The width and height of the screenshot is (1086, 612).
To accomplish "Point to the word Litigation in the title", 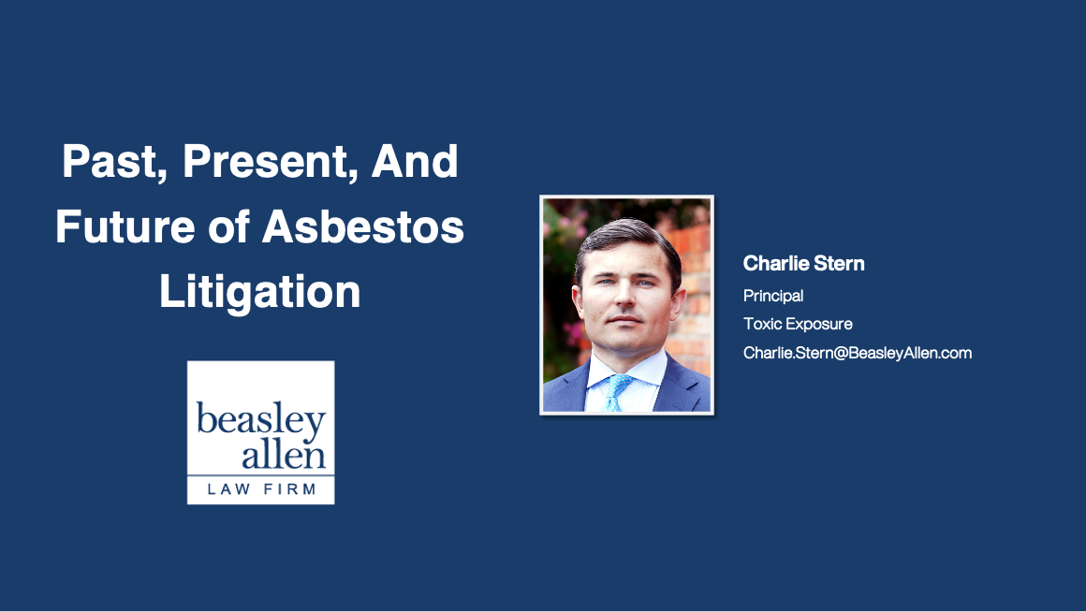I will pyautogui.click(x=260, y=292).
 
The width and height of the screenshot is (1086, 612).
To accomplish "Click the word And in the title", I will pyautogui.click(x=415, y=164).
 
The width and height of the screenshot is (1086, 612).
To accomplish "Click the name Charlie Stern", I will pyautogui.click(x=803, y=264).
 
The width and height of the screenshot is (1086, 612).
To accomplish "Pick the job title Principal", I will pyautogui.click(x=773, y=296).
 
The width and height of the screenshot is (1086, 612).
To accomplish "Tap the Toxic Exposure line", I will pyautogui.click(x=798, y=324).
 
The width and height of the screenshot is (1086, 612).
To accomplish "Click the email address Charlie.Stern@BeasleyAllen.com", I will pyautogui.click(x=858, y=353).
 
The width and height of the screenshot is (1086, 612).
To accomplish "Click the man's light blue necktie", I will pyautogui.click(x=615, y=391).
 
